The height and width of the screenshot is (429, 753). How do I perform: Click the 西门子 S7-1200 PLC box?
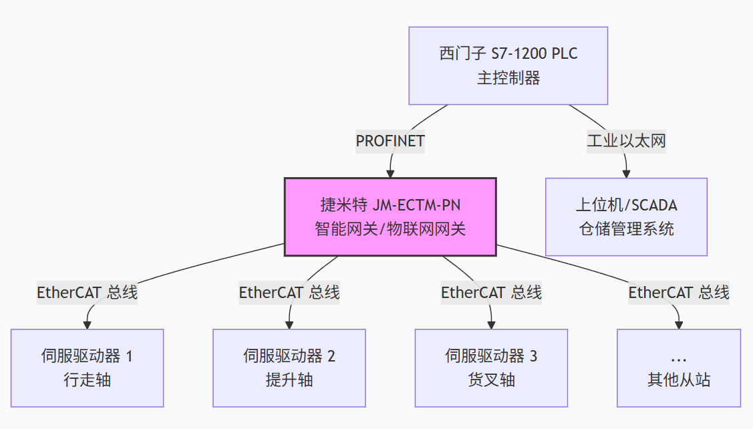pyautogui.click(x=508, y=65)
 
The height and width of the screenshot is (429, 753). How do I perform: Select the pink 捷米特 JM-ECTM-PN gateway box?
pyautogui.click(x=390, y=217)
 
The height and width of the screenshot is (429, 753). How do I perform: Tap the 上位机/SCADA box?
pyautogui.click(x=626, y=217)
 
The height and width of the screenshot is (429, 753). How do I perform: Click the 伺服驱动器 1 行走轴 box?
pyautogui.click(x=87, y=368)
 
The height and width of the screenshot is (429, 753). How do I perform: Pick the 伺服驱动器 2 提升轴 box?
pyautogui.click(x=289, y=368)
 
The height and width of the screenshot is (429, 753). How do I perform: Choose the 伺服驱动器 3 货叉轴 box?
pyautogui.click(x=491, y=368)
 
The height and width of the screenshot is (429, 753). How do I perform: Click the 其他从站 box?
pyautogui.click(x=678, y=368)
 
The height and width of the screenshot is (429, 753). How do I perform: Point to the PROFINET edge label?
pyautogui.click(x=390, y=141)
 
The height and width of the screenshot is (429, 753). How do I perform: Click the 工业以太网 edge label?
pyautogui.click(x=626, y=141)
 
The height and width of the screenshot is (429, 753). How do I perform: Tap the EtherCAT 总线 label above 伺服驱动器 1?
pyautogui.click(x=87, y=292)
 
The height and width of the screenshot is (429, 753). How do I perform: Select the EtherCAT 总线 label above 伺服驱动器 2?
pyautogui.click(x=289, y=292)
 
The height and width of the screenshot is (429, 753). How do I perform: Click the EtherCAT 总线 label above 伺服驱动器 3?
pyautogui.click(x=491, y=292)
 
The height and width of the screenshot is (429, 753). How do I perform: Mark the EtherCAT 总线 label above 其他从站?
pyautogui.click(x=678, y=292)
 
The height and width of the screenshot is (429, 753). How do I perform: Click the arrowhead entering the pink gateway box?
pyautogui.click(x=390, y=173)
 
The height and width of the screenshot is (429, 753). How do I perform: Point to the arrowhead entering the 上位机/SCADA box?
pyautogui.click(x=626, y=173)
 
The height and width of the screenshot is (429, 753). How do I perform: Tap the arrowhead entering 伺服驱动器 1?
pyautogui.click(x=87, y=325)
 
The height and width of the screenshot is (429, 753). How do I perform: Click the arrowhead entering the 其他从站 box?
pyautogui.click(x=678, y=325)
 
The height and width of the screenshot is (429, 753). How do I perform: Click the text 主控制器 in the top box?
pyautogui.click(x=508, y=78)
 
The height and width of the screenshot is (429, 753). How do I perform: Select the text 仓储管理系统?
pyautogui.click(x=626, y=229)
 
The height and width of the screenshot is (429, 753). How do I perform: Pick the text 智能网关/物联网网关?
pyautogui.click(x=390, y=229)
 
